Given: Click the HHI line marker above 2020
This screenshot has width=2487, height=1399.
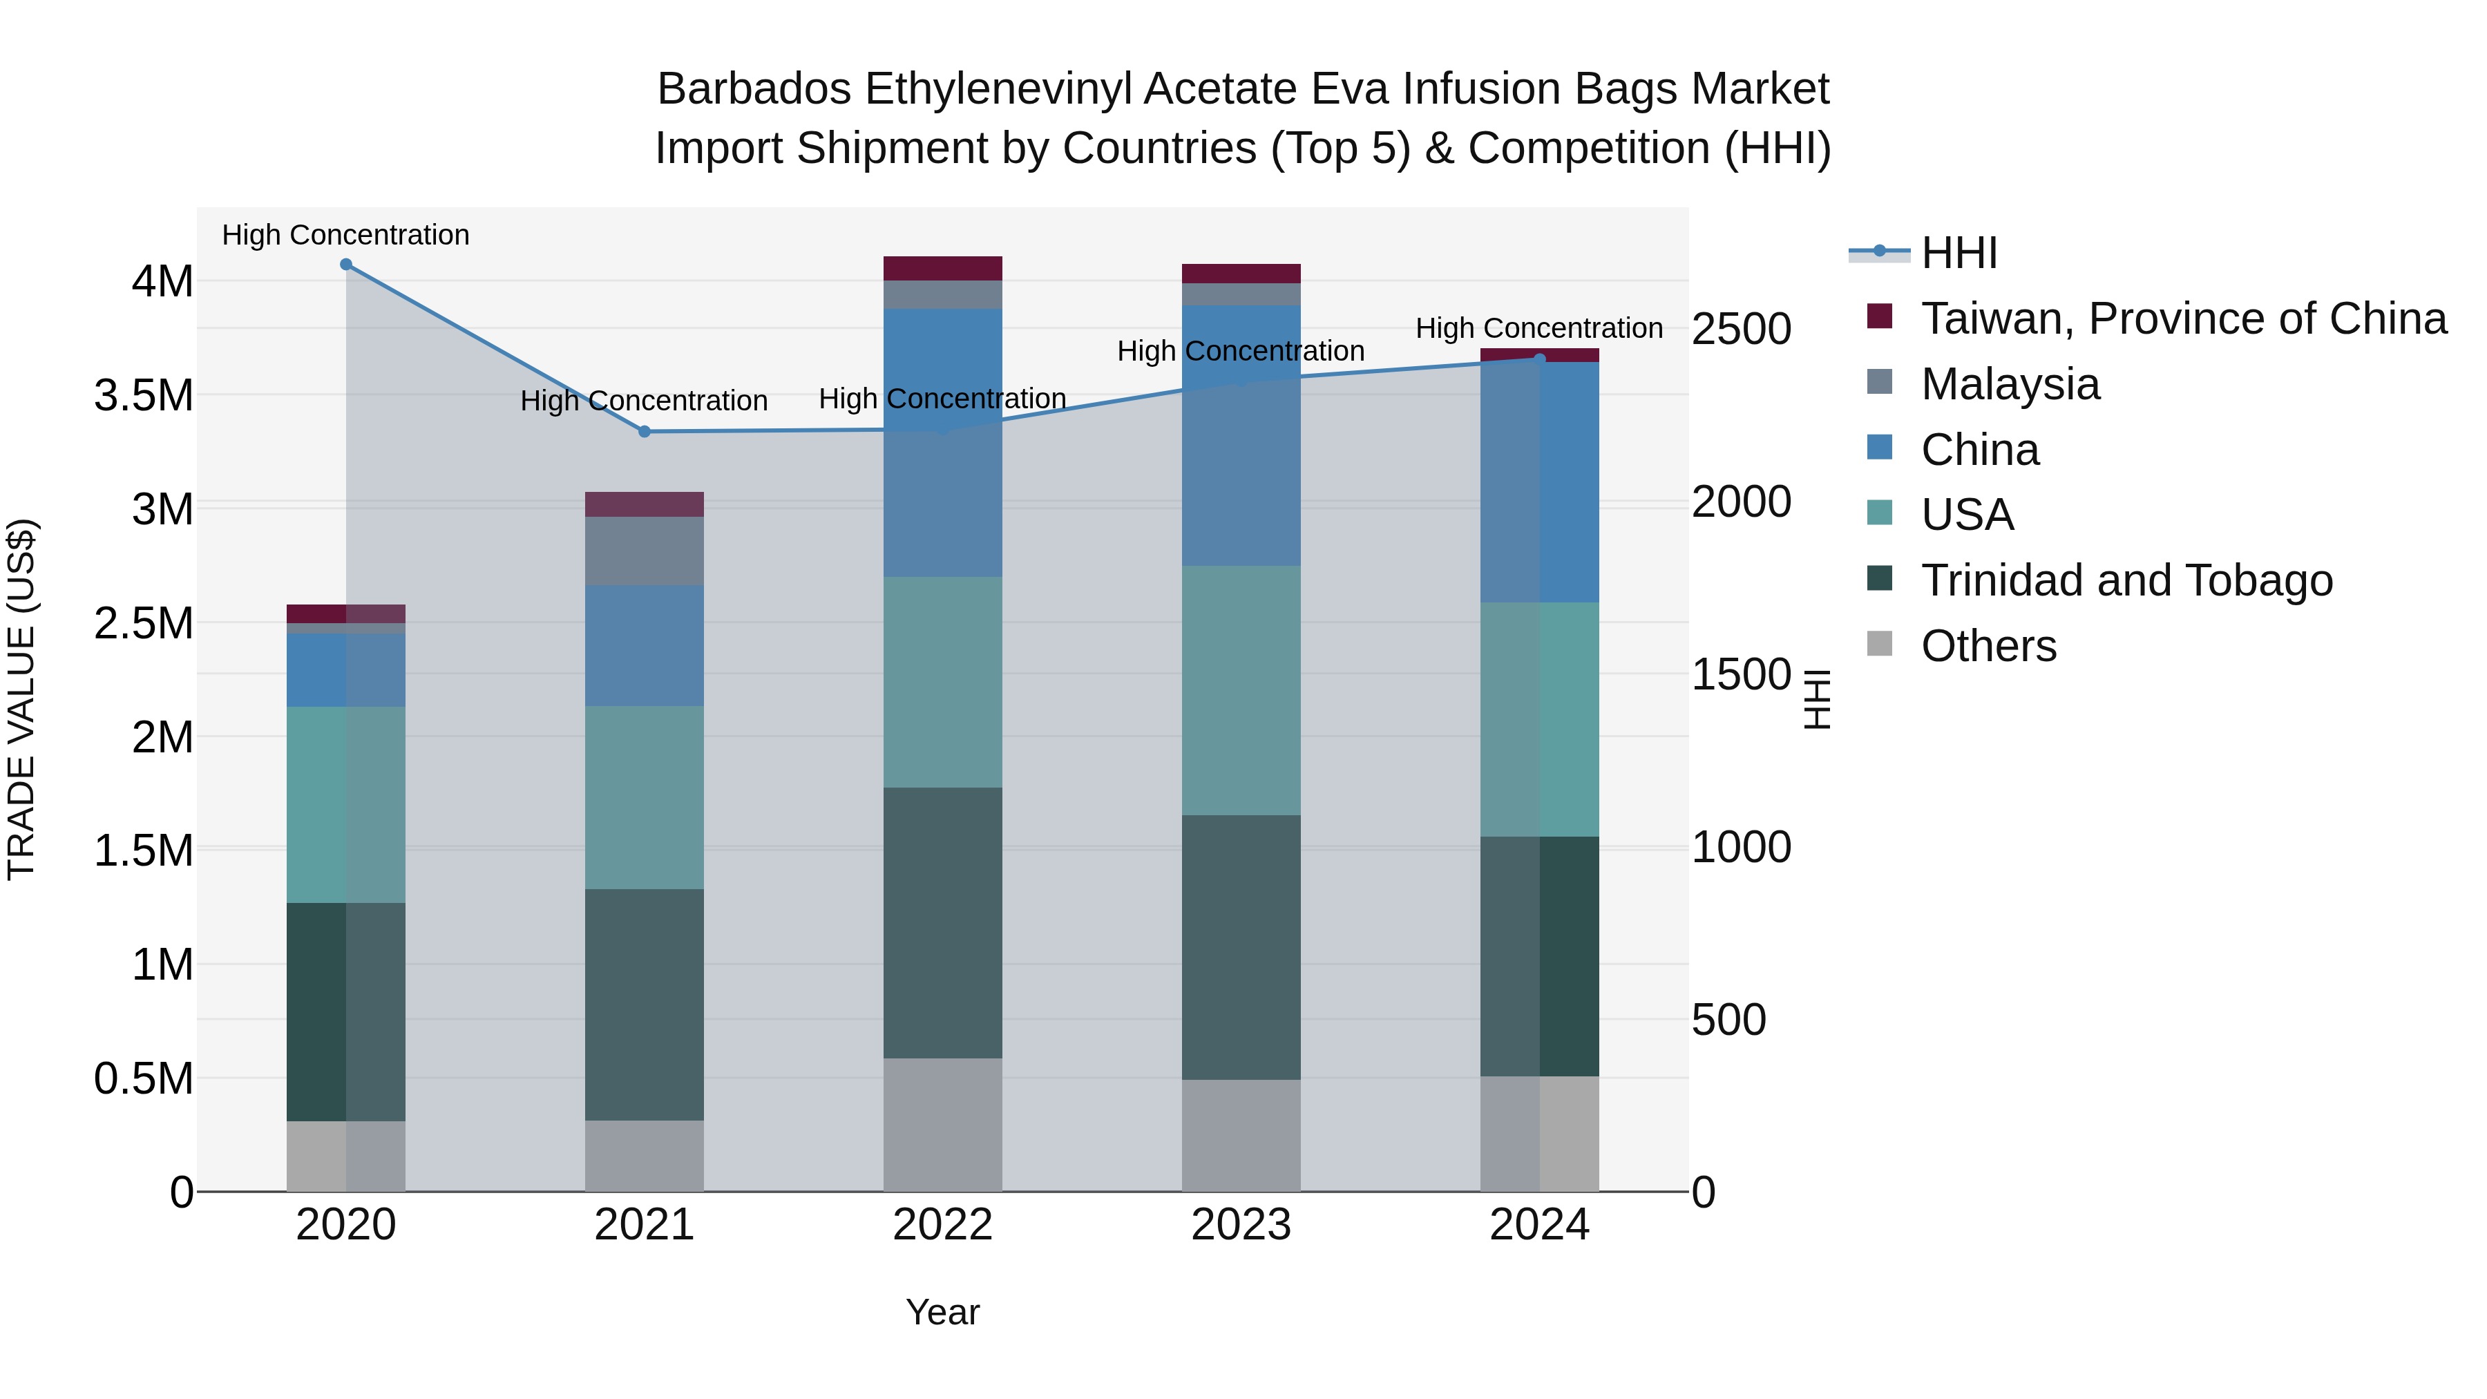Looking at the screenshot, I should pos(345,265).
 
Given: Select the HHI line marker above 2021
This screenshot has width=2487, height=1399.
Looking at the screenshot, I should pos(644,432).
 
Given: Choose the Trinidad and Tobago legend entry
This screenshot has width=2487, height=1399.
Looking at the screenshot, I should pos(2126,580).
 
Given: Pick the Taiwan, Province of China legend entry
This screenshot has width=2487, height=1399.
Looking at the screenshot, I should pos(2183,318).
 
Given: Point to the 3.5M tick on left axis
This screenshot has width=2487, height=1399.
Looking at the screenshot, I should pos(144,396).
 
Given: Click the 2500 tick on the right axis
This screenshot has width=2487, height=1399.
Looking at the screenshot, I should pos(1741,330).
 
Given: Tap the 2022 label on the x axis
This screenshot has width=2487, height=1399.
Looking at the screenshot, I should pos(942,1225).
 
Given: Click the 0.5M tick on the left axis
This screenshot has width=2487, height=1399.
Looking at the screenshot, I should pos(144,1078).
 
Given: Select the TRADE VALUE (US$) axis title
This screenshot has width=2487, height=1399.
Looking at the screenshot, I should pos(22,699).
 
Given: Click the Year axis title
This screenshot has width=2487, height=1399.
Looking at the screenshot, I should pos(942,1312).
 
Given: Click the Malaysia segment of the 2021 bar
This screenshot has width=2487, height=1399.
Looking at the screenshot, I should pos(644,551).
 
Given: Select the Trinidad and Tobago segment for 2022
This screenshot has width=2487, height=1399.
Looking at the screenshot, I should pos(942,922).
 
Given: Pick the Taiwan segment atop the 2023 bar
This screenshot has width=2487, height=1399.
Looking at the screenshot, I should pos(1241,273).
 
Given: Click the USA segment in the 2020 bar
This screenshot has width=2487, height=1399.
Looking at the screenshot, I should pos(345,804).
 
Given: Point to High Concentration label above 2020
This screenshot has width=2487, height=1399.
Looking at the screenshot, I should pos(345,235).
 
